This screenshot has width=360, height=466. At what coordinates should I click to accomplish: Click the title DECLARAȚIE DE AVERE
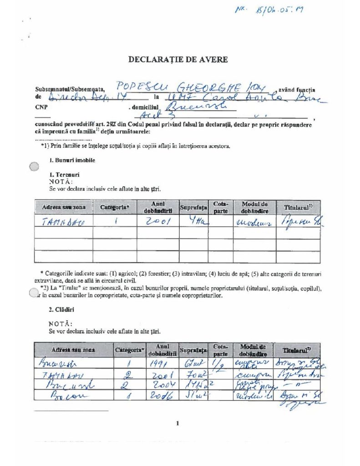pos(178,59)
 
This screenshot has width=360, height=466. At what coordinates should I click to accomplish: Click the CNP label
pos(41,108)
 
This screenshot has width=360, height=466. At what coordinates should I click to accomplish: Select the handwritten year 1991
pos(160,363)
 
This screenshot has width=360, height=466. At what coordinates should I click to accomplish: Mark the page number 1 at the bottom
pos(177,423)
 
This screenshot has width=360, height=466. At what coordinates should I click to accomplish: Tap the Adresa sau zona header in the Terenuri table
pos(64,208)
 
